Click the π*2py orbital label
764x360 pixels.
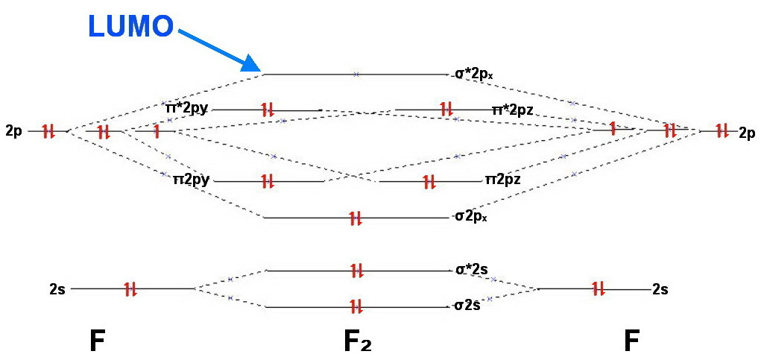point(186,109)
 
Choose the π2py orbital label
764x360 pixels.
point(190,180)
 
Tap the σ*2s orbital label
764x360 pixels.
point(471,270)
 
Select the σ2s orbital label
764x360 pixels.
point(467,306)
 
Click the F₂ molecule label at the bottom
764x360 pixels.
point(357,341)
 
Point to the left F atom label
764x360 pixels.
point(96,341)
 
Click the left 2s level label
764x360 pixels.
point(57,288)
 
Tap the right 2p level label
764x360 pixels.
point(747,132)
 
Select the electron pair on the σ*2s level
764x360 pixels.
point(356,271)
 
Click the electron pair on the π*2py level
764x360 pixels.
point(268,110)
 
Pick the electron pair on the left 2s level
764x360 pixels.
point(130,288)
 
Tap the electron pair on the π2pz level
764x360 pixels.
point(429,181)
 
